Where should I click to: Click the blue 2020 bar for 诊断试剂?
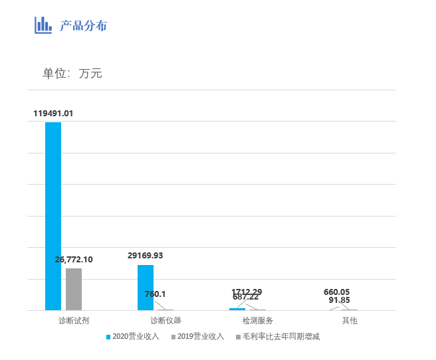coord(53,216)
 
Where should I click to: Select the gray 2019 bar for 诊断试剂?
coord(74,289)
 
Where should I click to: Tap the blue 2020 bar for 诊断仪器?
coord(146,288)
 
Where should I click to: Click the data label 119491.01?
coord(53,114)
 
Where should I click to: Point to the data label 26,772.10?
coord(74,260)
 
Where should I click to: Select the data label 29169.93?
coord(146,256)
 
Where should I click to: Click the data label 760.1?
coord(156,294)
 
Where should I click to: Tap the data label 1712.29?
coord(247,292)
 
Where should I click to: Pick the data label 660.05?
coord(336,292)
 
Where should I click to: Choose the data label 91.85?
coord(342,300)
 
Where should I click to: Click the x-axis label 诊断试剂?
coord(74,321)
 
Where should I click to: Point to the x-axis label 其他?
coord(350,321)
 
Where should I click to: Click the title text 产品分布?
coord(83,26)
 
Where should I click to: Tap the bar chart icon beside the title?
coord(43,25)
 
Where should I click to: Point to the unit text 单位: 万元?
coord(72,74)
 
